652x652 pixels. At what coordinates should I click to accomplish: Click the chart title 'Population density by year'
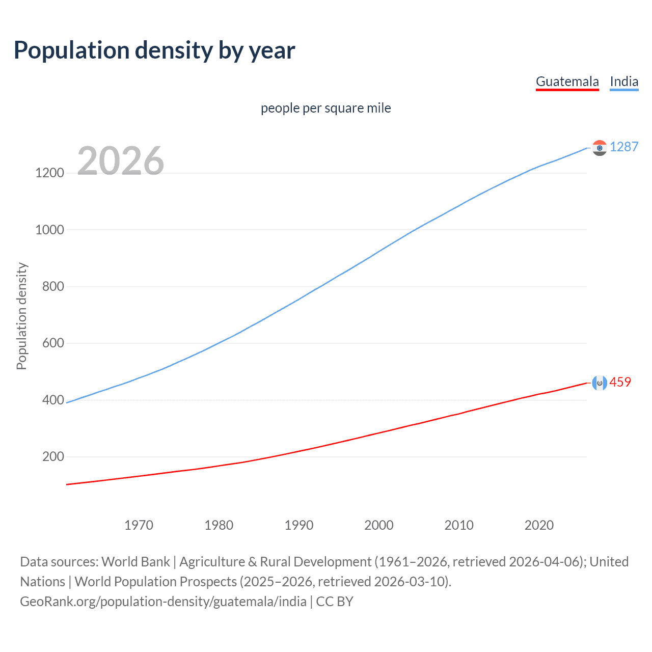[154, 50]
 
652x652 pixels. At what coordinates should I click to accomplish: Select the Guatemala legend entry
[567, 81]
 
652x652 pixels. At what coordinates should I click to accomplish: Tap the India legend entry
[623, 81]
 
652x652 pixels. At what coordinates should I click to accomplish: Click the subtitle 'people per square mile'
[325, 108]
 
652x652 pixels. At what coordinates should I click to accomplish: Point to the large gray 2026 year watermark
[121, 161]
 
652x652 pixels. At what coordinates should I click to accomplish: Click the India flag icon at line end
[600, 148]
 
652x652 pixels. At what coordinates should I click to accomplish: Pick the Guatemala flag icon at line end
[600, 383]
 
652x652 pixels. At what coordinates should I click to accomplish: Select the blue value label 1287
[623, 147]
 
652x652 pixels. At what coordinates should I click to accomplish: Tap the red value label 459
[620, 382]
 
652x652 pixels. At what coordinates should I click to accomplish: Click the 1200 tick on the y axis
[49, 173]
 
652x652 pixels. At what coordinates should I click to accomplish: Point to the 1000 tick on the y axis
[49, 230]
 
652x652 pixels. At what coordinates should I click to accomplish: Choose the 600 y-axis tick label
[53, 343]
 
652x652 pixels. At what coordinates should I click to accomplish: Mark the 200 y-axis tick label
[53, 456]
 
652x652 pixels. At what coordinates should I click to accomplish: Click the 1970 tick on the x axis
[139, 525]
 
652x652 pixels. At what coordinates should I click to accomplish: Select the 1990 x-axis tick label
[299, 525]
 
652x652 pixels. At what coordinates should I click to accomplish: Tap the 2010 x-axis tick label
[459, 525]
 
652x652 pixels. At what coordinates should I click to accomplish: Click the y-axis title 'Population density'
[21, 316]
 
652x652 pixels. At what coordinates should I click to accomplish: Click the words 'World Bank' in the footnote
[135, 562]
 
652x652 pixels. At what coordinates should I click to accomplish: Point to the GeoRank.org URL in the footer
[163, 602]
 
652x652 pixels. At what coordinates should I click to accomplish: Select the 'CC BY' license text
[335, 602]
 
